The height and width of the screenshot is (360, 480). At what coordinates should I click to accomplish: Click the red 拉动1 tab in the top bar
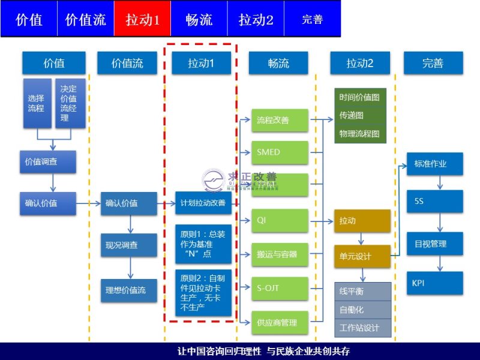pos(142,19)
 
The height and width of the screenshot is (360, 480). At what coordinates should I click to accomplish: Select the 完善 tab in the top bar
pos(312,19)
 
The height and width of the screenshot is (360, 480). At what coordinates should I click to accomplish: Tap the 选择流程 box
pos(37,103)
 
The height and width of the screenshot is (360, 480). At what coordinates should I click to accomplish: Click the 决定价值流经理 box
pos(70,103)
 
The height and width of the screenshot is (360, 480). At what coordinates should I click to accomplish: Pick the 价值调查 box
pos(47,161)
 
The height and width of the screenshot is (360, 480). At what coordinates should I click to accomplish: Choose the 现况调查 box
pos(129,245)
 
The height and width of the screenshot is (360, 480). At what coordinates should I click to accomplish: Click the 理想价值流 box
pos(129,290)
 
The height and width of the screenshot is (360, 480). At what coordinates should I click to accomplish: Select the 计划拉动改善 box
pos(203,203)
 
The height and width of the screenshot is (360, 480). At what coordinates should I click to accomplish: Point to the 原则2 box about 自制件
pos(203,293)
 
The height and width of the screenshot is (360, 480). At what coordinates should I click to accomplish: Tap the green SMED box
pos(279,152)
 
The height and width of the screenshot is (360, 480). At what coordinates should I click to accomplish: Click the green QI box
pos(279,220)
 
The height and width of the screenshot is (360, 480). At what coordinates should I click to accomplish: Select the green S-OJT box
pos(279,289)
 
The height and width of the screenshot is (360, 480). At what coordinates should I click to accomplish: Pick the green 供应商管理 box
pos(279,323)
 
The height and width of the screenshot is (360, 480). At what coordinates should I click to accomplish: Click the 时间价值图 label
pos(359,97)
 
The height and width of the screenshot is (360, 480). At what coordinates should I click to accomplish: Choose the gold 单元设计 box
pos(362,256)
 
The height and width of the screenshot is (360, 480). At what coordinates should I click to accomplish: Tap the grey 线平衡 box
pos(362,292)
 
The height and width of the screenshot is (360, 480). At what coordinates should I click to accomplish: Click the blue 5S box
pos(434,201)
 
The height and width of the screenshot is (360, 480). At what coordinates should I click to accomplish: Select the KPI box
pos(434,283)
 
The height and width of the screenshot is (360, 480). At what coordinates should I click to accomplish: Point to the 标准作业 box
pos(434,163)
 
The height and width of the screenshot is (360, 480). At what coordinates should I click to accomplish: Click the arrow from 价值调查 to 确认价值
pos(53,182)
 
